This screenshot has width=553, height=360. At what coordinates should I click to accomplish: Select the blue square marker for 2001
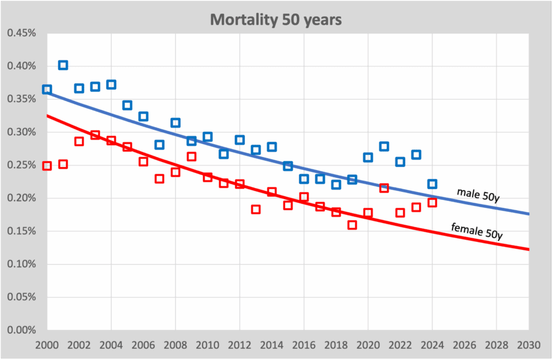[63, 65]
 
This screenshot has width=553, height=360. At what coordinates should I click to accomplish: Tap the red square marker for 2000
[47, 166]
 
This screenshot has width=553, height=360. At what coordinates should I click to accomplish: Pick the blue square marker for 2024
[432, 184]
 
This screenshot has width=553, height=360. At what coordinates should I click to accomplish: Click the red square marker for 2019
[352, 225]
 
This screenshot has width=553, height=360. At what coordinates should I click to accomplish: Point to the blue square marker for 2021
[384, 146]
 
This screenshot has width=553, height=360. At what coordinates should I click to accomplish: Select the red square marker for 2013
[255, 209]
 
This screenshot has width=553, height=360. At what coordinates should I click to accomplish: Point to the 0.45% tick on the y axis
[21, 33]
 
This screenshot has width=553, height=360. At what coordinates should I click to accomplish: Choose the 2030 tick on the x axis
[528, 344]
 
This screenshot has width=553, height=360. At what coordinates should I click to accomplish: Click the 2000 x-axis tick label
[47, 344]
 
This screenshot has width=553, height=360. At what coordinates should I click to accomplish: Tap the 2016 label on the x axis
[304, 344]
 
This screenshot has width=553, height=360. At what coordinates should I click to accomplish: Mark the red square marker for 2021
[384, 188]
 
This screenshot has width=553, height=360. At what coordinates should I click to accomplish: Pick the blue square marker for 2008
[176, 123]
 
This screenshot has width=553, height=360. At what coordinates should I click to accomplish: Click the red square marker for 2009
[191, 157]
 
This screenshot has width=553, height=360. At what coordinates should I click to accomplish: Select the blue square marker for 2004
[111, 84]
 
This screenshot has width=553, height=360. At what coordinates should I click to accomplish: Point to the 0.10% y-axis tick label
[21, 264]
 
